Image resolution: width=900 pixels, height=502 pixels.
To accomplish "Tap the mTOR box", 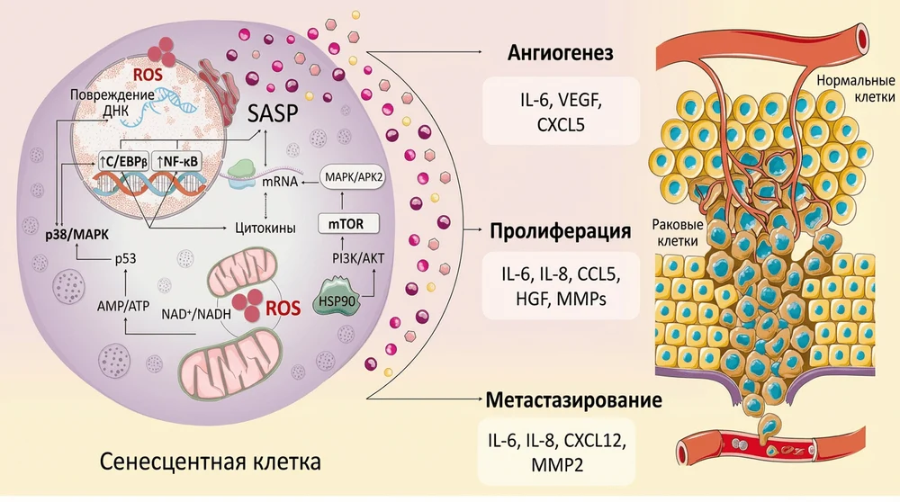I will [x=345, y=223].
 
